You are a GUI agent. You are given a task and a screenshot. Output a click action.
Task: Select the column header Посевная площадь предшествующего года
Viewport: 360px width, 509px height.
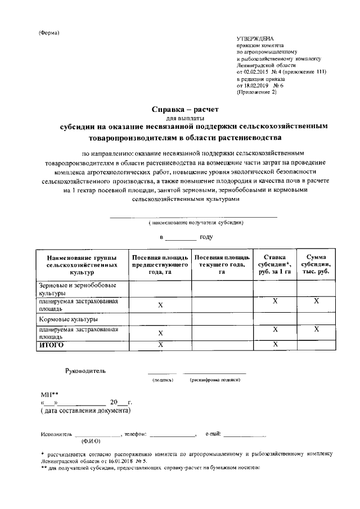tap(160, 264)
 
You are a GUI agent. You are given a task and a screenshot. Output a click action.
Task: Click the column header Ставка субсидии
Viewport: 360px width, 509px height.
tap(274, 264)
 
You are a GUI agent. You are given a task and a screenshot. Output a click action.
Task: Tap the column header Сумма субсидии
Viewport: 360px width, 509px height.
tap(316, 264)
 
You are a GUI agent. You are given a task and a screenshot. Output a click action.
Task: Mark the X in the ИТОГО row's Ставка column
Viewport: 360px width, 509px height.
tap(274, 344)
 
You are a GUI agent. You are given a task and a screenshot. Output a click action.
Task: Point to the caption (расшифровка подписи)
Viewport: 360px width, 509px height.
tap(215, 381)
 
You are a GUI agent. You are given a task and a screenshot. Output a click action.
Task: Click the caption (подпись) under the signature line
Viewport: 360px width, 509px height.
tap(163, 381)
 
